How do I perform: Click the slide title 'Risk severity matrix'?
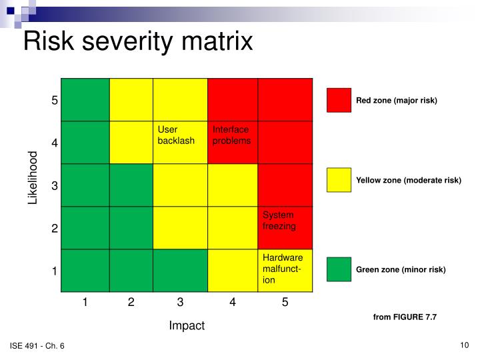(138, 42)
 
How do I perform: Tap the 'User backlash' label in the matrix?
(176, 135)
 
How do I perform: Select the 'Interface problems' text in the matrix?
(231, 135)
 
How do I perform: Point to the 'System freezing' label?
(279, 220)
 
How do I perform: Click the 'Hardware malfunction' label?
(283, 269)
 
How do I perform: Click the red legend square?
(339, 100)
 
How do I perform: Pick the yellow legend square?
(339, 180)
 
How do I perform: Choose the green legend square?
(339, 269)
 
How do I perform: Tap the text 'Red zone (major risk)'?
(396, 101)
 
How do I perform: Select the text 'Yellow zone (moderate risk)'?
(408, 181)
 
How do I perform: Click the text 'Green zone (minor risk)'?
(400, 270)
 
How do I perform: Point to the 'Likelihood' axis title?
(33, 178)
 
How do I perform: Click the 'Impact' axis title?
(187, 325)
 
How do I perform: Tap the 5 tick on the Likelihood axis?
(55, 100)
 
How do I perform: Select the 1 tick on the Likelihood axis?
(55, 271)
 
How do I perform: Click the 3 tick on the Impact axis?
(180, 303)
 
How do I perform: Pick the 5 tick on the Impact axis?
(285, 303)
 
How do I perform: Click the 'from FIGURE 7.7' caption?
(405, 317)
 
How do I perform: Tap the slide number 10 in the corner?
(465, 345)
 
